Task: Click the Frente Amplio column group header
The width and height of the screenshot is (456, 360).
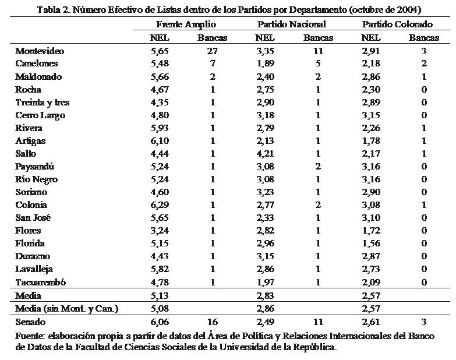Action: point(186,24)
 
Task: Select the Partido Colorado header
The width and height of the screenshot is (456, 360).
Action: point(397,24)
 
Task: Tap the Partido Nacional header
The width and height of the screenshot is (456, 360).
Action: point(291,24)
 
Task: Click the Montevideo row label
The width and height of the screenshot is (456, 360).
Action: point(40,51)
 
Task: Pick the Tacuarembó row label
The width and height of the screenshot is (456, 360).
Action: point(41,283)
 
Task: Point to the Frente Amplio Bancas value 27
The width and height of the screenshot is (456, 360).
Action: point(213,51)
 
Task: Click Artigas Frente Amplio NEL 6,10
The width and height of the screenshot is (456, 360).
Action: point(159,140)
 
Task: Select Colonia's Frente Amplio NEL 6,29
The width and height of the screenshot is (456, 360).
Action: point(159,204)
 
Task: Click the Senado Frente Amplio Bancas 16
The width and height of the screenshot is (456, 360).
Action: point(213,322)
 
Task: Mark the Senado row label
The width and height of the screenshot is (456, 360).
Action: point(30,322)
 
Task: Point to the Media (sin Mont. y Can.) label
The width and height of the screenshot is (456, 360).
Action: point(66,308)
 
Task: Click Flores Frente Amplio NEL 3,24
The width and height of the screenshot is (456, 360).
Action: point(159,230)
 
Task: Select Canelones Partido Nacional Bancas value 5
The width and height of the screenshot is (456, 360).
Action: point(318,63)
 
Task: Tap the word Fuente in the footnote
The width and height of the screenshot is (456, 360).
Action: point(30,336)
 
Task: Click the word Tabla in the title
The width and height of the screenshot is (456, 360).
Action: point(49,10)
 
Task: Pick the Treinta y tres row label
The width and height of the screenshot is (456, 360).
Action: point(43,102)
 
